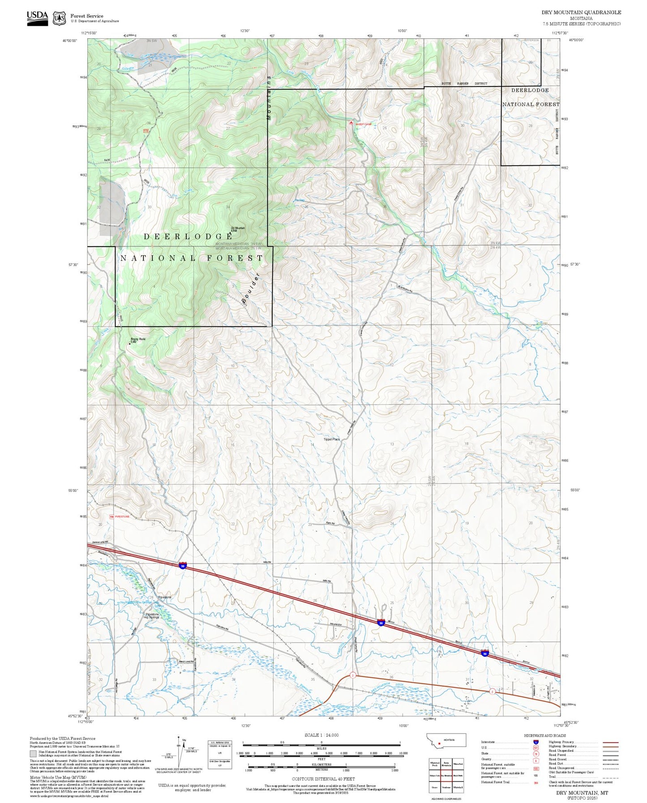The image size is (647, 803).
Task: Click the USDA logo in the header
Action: pyautogui.click(x=37, y=18)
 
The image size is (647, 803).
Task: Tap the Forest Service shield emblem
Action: pyautogui.click(x=59, y=18)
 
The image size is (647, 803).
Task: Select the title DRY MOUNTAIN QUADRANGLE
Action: pyautogui.click(x=581, y=12)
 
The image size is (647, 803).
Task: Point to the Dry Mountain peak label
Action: pyautogui.click(x=238, y=229)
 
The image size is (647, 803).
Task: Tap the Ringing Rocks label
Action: pyautogui.click(x=138, y=340)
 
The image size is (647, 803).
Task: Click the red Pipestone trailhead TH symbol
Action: pyautogui.click(x=112, y=517)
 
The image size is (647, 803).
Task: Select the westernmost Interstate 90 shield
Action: pyautogui.click(x=183, y=565)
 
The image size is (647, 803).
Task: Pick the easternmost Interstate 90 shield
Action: pyautogui.click(x=485, y=653)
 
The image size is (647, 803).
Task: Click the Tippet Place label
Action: pyautogui.click(x=332, y=440)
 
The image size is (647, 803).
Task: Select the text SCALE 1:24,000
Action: pyautogui.click(x=321, y=735)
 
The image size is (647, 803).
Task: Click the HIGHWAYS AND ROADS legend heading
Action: pyautogui.click(x=545, y=735)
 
